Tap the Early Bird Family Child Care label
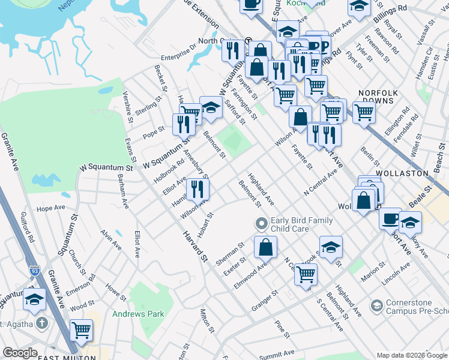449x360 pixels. (301, 224)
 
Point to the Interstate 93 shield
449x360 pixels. (35, 272)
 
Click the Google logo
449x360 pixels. (20, 353)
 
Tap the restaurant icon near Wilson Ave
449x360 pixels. (197, 189)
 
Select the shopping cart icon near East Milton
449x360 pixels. (81, 329)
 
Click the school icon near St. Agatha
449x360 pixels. (34, 299)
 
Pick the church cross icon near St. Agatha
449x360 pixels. (41, 323)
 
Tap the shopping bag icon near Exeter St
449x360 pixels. (265, 247)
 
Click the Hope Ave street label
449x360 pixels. (50, 208)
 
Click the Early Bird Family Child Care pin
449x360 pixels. (261, 224)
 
